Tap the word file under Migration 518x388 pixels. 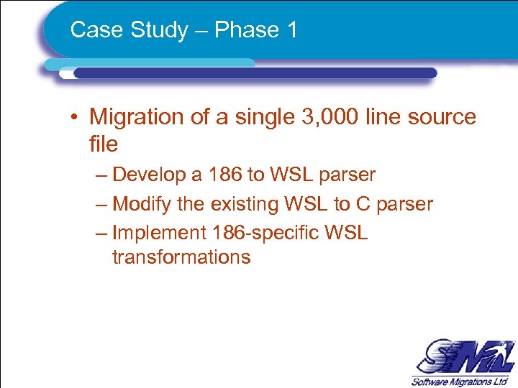[x=103, y=144]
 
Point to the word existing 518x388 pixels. [x=244, y=204]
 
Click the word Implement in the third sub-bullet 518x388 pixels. [x=159, y=233]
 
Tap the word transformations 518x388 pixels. [x=181, y=257]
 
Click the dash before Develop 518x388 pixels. [x=100, y=175]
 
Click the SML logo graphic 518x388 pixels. [x=462, y=357]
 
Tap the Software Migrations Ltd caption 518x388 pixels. [x=460, y=381]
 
